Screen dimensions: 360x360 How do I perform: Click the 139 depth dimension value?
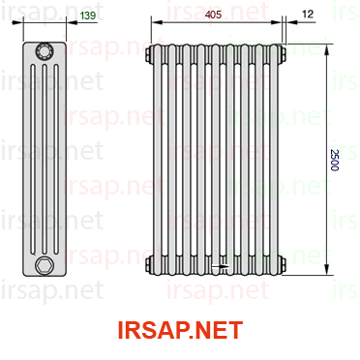(x=88, y=15)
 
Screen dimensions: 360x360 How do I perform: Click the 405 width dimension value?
(x=214, y=15)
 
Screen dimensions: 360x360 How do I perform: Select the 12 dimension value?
(x=308, y=15)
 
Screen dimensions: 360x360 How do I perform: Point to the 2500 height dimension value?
(x=335, y=160)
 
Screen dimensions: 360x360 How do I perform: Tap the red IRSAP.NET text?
(x=180, y=330)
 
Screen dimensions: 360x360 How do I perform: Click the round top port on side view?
(x=45, y=51)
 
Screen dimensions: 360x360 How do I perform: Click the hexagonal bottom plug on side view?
(x=44, y=265)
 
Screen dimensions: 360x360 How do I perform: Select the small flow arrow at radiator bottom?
(x=221, y=266)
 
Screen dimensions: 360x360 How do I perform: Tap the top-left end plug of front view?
(x=149, y=54)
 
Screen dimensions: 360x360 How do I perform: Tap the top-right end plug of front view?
(x=283, y=54)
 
